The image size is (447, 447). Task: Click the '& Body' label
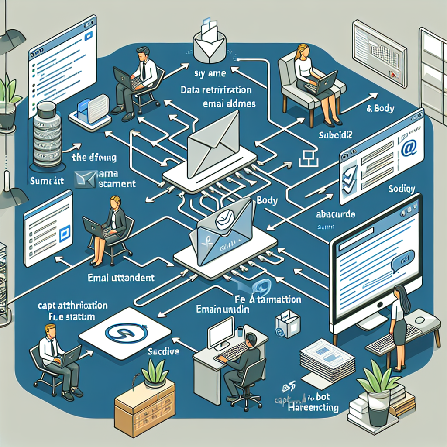[x=381, y=108]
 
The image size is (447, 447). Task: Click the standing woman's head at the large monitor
[x=400, y=293]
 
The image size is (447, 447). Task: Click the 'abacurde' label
[x=335, y=215]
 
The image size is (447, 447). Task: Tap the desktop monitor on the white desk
[x=221, y=331]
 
